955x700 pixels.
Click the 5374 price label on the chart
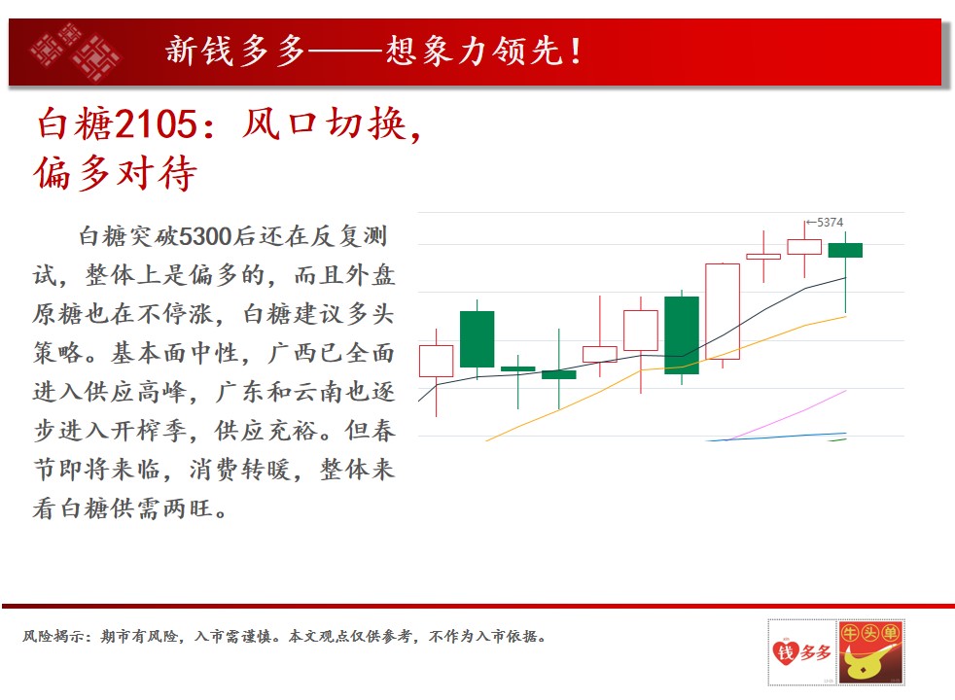point(830,223)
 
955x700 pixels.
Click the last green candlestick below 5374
point(845,250)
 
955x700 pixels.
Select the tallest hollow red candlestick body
point(723,311)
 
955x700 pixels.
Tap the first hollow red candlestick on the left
point(436,361)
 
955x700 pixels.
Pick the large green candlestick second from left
point(477,339)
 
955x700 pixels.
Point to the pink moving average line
point(789,415)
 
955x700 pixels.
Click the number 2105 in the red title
point(156,123)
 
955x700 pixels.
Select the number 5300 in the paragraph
point(206,236)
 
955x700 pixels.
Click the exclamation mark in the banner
point(576,51)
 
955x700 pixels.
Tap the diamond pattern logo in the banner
point(76,52)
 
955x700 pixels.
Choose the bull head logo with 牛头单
point(871,652)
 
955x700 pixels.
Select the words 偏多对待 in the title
point(116,173)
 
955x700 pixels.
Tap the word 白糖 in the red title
point(75,123)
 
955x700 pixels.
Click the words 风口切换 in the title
point(324,123)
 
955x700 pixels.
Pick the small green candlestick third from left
point(517,368)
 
